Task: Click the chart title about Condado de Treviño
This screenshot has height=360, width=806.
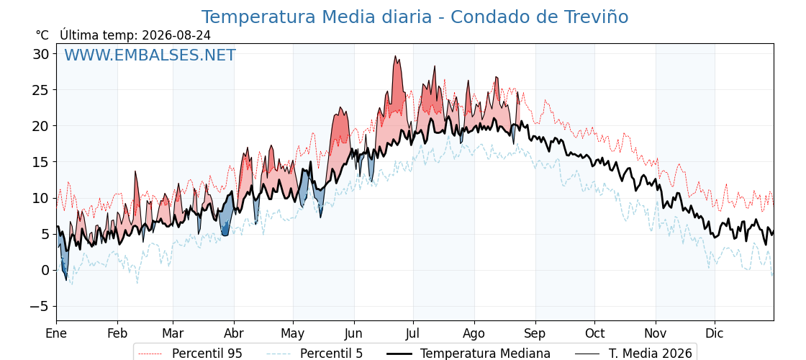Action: click(415, 17)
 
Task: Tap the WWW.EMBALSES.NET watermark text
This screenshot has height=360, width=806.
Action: click(150, 55)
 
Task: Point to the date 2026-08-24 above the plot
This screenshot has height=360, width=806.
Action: click(176, 35)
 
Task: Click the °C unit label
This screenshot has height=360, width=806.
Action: click(42, 35)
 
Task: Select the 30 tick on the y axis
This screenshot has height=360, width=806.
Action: click(42, 53)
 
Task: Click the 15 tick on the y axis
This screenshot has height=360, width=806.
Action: click(42, 162)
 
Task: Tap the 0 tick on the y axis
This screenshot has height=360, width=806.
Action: click(46, 270)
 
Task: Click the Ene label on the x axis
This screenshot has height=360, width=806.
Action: click(56, 333)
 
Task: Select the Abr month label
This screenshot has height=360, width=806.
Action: click(235, 333)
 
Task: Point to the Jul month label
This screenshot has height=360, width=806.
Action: click(413, 333)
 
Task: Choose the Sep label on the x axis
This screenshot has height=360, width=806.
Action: click(535, 333)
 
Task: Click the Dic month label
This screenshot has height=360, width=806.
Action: click(715, 333)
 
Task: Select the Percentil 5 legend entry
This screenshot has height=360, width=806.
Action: click(314, 354)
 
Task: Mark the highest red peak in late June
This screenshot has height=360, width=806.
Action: click(395, 57)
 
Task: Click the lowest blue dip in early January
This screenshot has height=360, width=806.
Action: click(66, 279)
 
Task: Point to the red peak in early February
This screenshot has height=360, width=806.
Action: click(136, 172)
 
